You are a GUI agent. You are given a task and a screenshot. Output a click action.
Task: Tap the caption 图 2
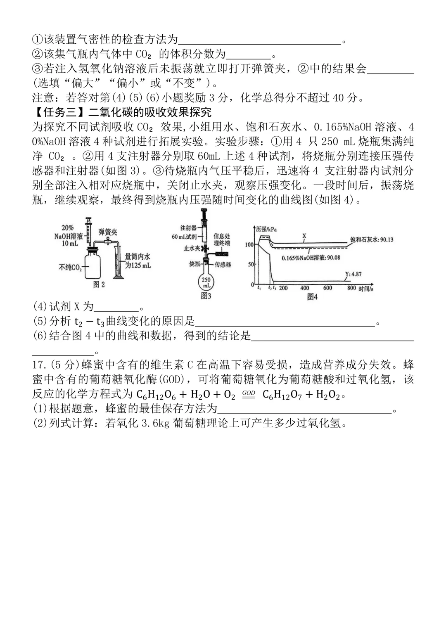(x=99, y=284)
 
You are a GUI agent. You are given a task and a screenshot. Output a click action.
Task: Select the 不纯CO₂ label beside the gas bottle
(x=70, y=267)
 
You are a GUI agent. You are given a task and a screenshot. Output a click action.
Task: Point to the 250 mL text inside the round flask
(x=206, y=283)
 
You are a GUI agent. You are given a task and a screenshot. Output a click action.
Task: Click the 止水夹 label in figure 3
(x=192, y=249)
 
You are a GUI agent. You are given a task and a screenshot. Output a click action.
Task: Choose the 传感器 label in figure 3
(x=223, y=264)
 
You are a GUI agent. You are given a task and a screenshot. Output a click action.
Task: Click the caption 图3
(x=206, y=296)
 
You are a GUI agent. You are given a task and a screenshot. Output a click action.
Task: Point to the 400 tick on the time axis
(x=305, y=288)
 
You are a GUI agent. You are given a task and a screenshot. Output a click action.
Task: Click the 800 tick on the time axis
(x=351, y=288)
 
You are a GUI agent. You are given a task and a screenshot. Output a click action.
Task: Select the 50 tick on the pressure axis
(x=251, y=264)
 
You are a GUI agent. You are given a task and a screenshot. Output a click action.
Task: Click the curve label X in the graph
(x=304, y=236)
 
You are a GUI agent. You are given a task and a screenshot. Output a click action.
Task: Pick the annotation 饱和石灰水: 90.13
(x=372, y=239)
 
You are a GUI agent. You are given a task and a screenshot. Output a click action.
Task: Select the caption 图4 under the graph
(x=312, y=296)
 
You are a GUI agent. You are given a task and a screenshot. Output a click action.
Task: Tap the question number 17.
(x=38, y=365)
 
